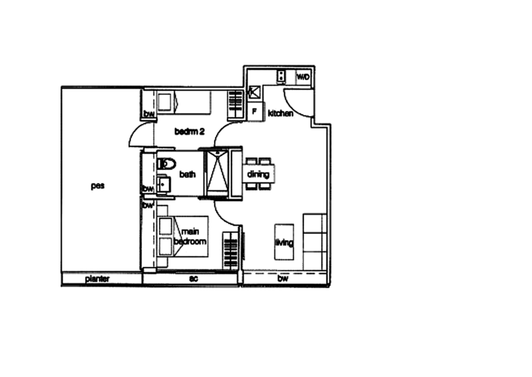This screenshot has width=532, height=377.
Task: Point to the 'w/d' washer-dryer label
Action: (303, 77)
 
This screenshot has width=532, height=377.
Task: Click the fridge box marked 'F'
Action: (254, 110)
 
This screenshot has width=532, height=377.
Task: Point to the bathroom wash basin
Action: (164, 185)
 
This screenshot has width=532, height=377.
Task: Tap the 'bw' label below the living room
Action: (284, 278)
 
